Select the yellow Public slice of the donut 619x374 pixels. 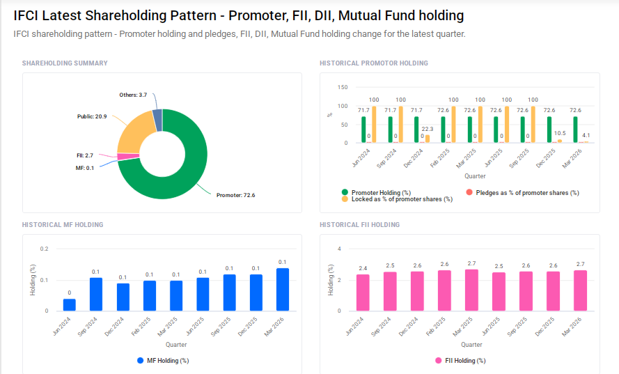pyautogui.click(x=132, y=132)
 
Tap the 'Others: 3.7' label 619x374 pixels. pyautogui.click(x=133, y=95)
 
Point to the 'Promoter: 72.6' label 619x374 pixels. pyautogui.click(x=235, y=195)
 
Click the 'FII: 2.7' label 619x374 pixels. pyautogui.click(x=84, y=155)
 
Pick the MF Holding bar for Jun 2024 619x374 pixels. pyautogui.click(x=70, y=304)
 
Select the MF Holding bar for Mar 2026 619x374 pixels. pyautogui.click(x=282, y=289)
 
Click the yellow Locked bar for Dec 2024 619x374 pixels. pyautogui.click(x=428, y=139)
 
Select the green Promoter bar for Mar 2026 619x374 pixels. pyautogui.click(x=575, y=130)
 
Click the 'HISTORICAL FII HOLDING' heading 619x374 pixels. pyautogui.click(x=359, y=225)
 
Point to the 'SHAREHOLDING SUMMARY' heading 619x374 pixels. pyautogui.click(x=65, y=63)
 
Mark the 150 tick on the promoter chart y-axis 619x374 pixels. pyautogui.click(x=342, y=88)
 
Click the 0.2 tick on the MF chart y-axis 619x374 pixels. pyautogui.click(x=45, y=249)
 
